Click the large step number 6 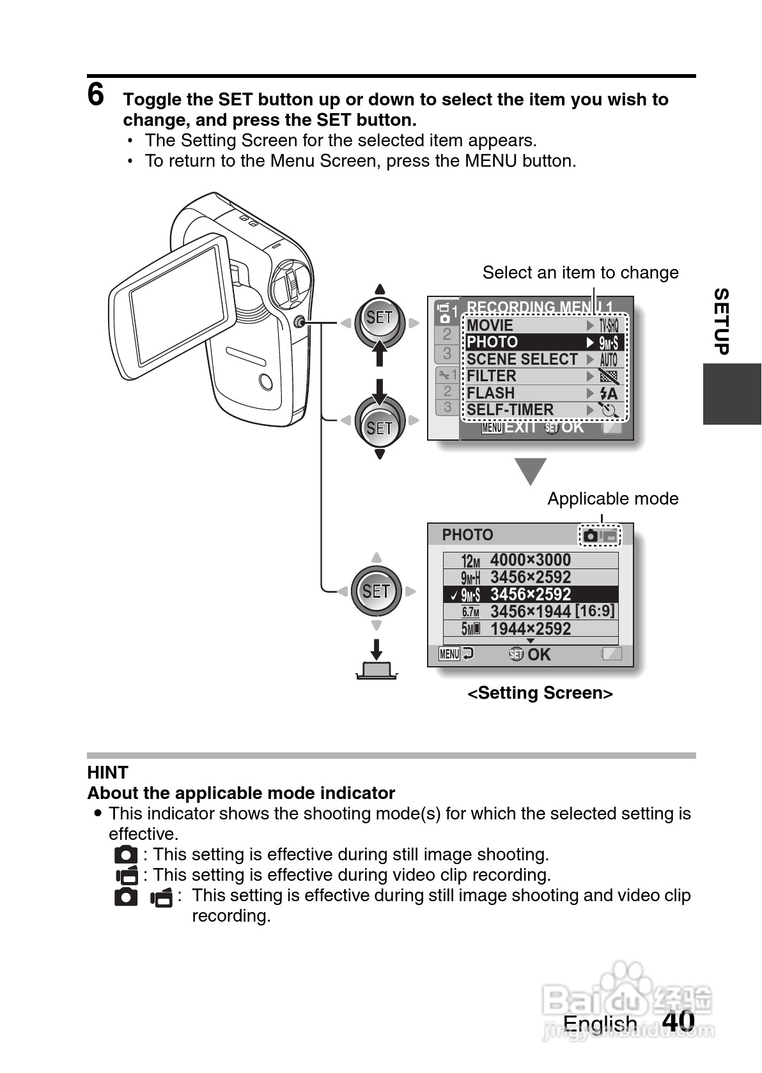coord(96,95)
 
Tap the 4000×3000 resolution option coord(530,560)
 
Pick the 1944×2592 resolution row coord(530,629)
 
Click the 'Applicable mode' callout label coord(612,499)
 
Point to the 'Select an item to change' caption coord(580,273)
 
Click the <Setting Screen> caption coord(540,693)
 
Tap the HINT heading coord(107,772)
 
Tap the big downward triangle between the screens coord(531,471)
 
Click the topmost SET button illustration coord(379,317)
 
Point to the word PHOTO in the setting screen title coord(467,535)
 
